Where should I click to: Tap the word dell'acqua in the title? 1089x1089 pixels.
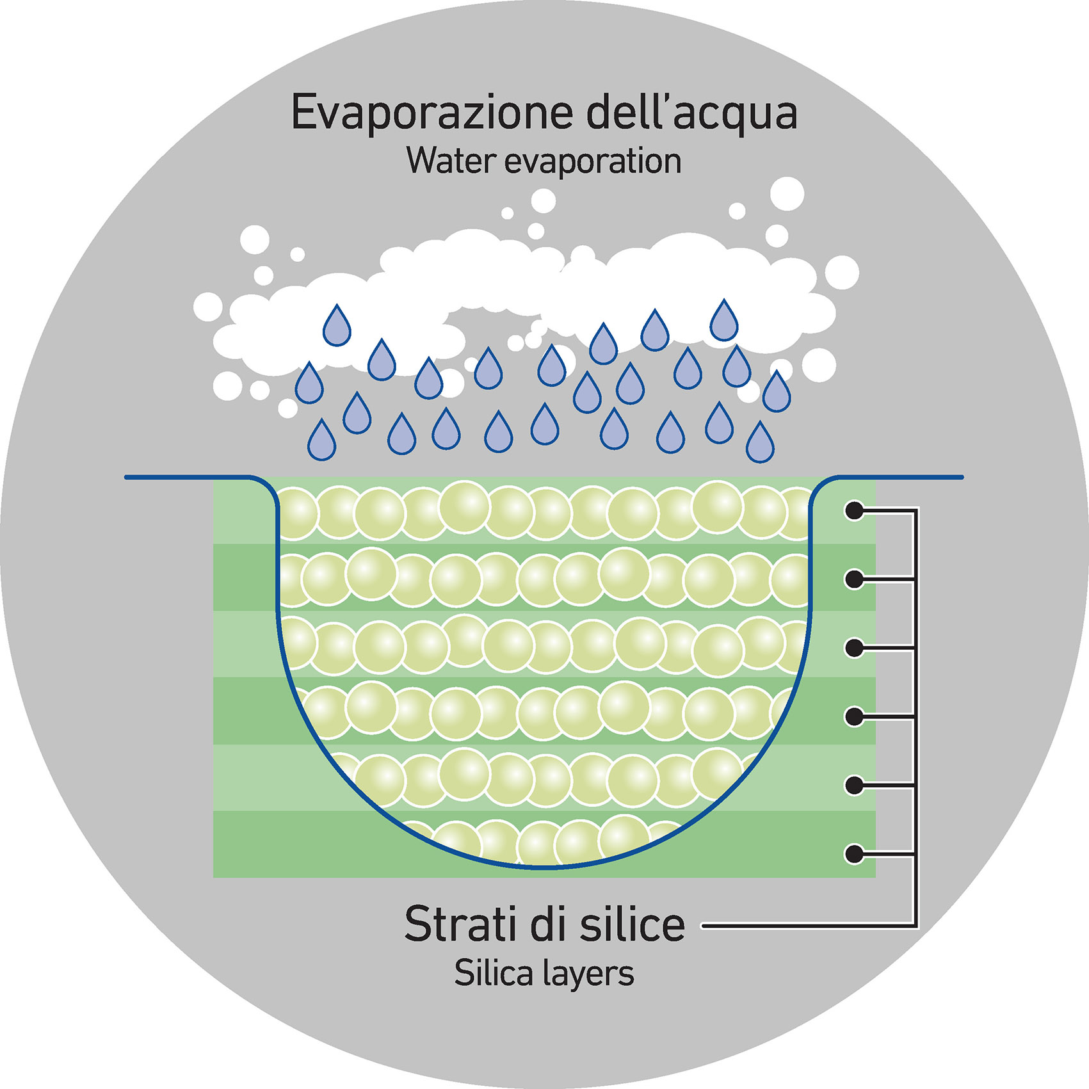click(x=691, y=114)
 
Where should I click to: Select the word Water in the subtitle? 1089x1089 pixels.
click(x=451, y=161)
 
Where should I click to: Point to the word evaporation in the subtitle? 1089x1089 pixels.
click(x=593, y=162)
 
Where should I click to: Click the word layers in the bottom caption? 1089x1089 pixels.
click(x=588, y=974)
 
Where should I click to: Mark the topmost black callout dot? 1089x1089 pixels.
click(x=854, y=511)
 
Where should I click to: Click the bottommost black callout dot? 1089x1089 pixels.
click(x=854, y=853)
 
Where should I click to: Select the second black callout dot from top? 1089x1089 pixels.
click(x=854, y=579)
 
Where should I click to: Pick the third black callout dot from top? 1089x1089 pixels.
click(x=854, y=648)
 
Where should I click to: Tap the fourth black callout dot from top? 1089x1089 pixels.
click(x=854, y=716)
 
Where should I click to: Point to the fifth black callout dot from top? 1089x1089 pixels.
click(x=854, y=785)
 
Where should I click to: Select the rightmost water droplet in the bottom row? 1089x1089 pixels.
click(x=760, y=444)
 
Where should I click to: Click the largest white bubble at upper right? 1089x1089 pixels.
click(x=787, y=193)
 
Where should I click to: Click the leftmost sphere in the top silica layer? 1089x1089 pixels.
click(x=296, y=513)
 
